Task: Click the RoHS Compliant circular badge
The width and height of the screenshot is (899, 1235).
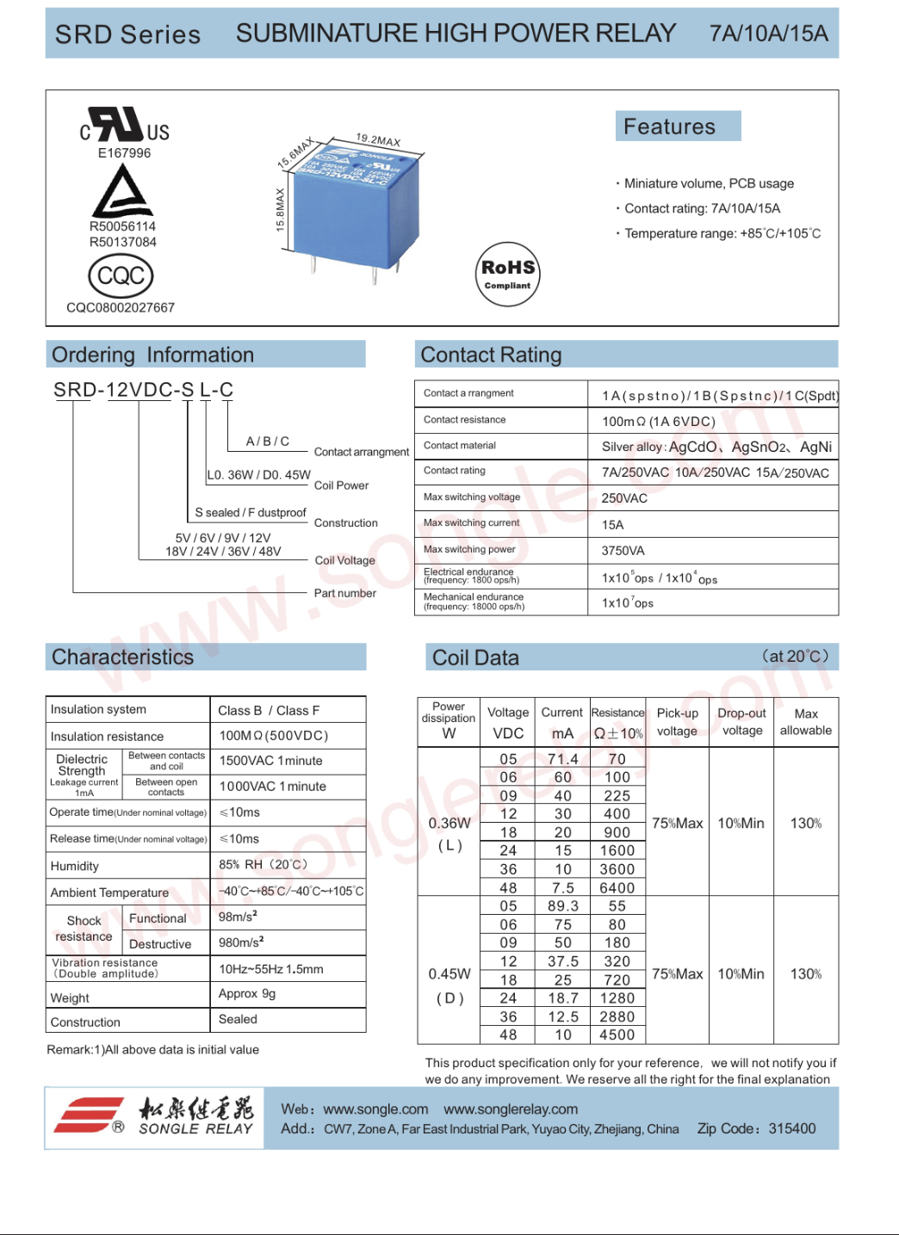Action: pyautogui.click(x=508, y=275)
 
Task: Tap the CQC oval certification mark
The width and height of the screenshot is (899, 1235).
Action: pyautogui.click(x=121, y=276)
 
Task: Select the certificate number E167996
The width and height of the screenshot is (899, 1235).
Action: pyautogui.click(x=124, y=153)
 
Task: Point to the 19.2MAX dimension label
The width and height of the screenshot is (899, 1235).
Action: pyautogui.click(x=378, y=139)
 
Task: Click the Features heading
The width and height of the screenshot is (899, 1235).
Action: pyautogui.click(x=669, y=127)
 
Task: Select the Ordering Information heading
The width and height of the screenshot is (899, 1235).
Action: pyautogui.click(x=153, y=355)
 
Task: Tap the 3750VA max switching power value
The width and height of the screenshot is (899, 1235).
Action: pyautogui.click(x=623, y=551)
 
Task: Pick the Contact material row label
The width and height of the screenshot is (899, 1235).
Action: pyautogui.click(x=460, y=446)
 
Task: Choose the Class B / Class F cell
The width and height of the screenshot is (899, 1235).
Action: pyautogui.click(x=269, y=711)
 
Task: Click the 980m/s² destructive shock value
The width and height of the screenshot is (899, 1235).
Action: pyautogui.click(x=241, y=942)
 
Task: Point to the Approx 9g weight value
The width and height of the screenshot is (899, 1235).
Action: pyautogui.click(x=247, y=993)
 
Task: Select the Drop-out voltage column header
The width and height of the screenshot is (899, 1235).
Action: pyautogui.click(x=741, y=722)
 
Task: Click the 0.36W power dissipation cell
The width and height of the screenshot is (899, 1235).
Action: pyautogui.click(x=449, y=824)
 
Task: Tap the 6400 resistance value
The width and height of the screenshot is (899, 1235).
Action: pyautogui.click(x=617, y=888)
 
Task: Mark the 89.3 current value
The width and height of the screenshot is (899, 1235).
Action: pyautogui.click(x=563, y=906)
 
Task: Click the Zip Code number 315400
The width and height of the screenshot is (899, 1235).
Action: pyautogui.click(x=791, y=1128)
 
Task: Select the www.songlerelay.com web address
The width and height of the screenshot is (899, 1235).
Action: pyautogui.click(x=511, y=1109)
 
